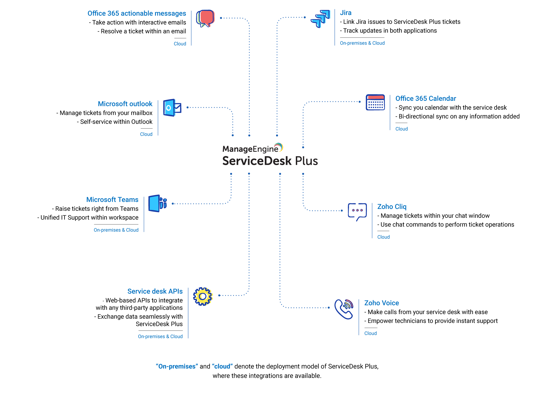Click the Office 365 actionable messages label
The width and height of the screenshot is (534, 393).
coord(137,13)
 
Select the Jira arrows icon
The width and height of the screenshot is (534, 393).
coord(321,19)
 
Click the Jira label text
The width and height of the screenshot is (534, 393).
coord(345,13)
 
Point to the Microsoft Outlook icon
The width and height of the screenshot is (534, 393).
coord(172,108)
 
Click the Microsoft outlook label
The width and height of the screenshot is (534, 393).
coord(125,104)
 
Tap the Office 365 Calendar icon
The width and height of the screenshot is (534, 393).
coord(375,102)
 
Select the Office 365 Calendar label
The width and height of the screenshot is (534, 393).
coord(426,98)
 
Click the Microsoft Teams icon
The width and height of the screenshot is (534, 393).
coord(158,204)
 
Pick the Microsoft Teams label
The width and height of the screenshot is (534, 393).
coord(112,200)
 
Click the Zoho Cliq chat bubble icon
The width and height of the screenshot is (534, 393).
coord(357,212)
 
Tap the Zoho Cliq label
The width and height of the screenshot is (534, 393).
coord(392,207)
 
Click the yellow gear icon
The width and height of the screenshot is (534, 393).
coord(203,296)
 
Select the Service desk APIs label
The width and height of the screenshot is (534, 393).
coord(155,291)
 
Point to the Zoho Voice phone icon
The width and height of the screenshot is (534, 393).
coord(344,309)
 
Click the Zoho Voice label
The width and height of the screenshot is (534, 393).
coord(382,303)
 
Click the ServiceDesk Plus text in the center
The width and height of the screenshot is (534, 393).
coord(270,161)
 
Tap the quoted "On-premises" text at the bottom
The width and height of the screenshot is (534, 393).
coord(177,366)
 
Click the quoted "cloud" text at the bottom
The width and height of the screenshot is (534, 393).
coord(222,366)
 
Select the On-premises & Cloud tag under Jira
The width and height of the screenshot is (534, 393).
coord(362,43)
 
